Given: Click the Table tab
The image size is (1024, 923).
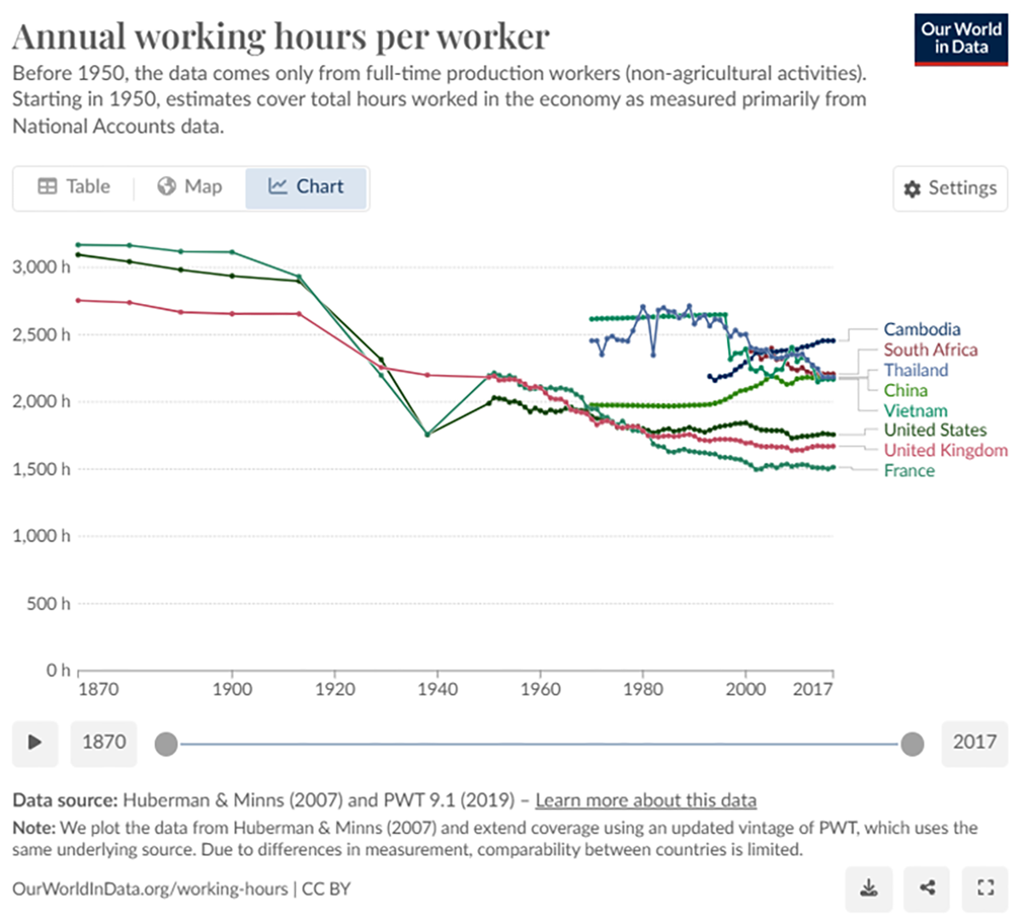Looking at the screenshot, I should (x=74, y=187).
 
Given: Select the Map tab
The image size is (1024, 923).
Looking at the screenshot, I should (x=189, y=187).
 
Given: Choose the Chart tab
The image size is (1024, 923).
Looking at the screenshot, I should (x=306, y=187).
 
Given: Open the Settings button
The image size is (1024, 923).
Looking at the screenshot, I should (x=950, y=188).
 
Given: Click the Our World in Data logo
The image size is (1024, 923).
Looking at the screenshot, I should (x=960, y=39).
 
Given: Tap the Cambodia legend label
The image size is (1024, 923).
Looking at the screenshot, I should (x=922, y=330).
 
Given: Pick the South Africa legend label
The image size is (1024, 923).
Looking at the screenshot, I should (x=930, y=350).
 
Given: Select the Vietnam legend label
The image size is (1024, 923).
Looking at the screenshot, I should (x=915, y=411).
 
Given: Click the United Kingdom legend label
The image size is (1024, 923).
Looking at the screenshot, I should (x=945, y=451).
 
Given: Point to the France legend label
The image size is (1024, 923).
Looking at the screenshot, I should (x=909, y=471).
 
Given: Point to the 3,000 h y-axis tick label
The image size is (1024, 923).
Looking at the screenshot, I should (x=41, y=267).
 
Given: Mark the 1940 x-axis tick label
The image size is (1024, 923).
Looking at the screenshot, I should (x=437, y=689).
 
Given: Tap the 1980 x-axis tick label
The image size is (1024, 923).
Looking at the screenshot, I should (x=643, y=689).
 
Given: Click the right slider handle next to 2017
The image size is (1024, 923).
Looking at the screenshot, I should (x=912, y=744).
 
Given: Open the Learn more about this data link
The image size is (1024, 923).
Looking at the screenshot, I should (x=645, y=801).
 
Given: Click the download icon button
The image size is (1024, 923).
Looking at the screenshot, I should (x=869, y=889).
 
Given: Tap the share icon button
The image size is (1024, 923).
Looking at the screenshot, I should (x=928, y=889).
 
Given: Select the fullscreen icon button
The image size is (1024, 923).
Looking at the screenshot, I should (x=986, y=889).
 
